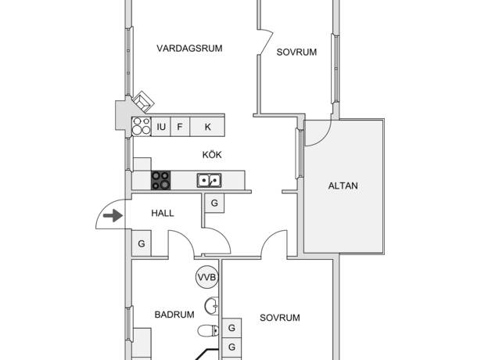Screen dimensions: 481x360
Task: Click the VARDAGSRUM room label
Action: (189, 49)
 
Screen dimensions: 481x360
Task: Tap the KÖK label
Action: (212, 154)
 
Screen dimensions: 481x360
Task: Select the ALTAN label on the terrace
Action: (343, 185)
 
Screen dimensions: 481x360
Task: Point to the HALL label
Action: (163, 214)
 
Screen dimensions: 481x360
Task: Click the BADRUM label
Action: (174, 315)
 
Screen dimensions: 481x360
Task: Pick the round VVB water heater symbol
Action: (206, 278)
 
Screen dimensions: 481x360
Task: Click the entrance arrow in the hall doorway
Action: (113, 215)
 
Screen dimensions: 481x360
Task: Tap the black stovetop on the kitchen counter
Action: (161, 180)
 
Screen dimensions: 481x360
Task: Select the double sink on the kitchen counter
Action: (209, 181)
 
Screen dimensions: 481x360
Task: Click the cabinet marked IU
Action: (161, 127)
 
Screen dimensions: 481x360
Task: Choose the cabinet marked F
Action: (180, 127)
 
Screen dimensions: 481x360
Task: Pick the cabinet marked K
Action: (207, 127)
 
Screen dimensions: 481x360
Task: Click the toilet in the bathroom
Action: (208, 331)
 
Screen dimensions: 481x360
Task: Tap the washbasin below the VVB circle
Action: (212, 306)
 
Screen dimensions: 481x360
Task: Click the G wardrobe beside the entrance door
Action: (142, 243)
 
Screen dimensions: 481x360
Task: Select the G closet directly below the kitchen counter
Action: (214, 203)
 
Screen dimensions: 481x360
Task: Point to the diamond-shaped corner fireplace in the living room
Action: (142, 102)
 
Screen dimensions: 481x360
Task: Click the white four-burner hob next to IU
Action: (142, 127)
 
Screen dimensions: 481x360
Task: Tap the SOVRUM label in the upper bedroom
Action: (296, 52)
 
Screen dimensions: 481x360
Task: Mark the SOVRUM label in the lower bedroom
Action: (280, 318)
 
